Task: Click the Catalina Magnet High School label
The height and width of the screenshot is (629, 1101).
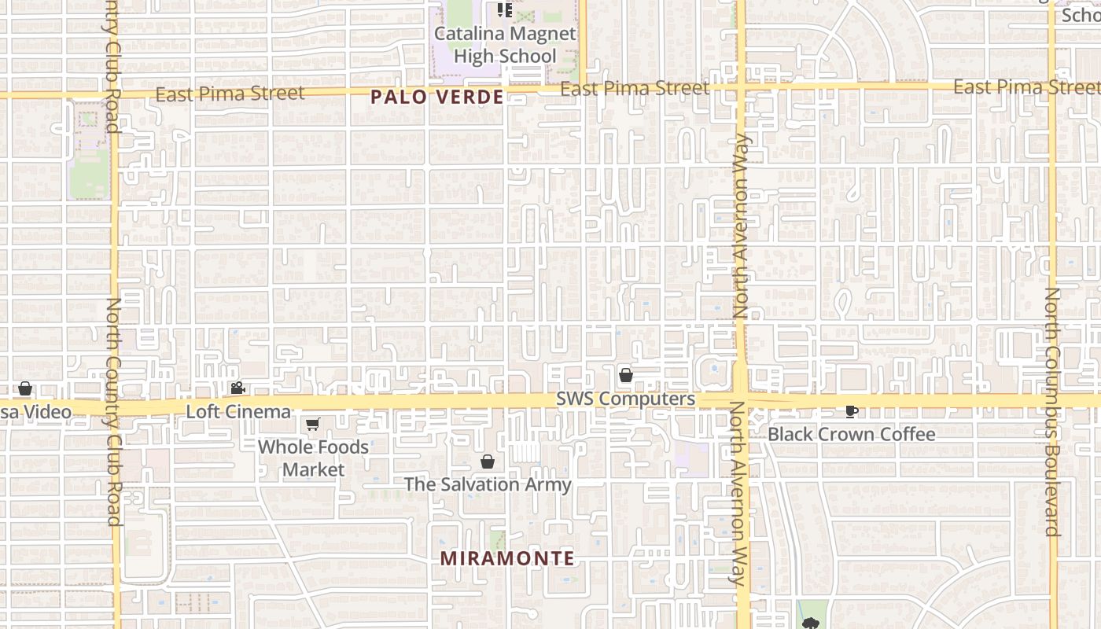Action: point(505,45)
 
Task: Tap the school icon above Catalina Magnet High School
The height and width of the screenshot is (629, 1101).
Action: point(505,10)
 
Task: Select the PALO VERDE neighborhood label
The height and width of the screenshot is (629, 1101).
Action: point(436,97)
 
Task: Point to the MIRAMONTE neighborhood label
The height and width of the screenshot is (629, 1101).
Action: point(507,558)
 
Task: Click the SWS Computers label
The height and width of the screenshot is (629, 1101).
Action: point(625,399)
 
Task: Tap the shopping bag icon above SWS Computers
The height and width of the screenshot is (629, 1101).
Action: point(626,375)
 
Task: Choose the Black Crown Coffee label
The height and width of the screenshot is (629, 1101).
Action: point(851,434)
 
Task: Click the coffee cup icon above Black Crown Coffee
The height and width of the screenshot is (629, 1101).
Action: point(851,410)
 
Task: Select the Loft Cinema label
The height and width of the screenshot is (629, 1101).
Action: point(238,411)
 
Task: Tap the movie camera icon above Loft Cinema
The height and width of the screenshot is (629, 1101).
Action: point(238,388)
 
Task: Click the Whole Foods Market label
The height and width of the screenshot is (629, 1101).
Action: point(313,458)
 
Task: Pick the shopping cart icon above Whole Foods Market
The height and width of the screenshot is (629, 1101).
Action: point(312,425)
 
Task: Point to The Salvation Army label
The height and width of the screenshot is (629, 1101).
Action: point(488,484)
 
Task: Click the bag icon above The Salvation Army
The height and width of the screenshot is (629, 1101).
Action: point(488,462)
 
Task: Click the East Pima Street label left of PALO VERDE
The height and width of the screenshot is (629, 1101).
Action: point(230,94)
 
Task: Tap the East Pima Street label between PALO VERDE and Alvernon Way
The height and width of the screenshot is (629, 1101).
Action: point(635,89)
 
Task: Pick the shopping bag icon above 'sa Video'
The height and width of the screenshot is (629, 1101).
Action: point(25,388)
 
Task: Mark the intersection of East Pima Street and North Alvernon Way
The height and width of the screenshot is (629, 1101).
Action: point(740,86)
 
